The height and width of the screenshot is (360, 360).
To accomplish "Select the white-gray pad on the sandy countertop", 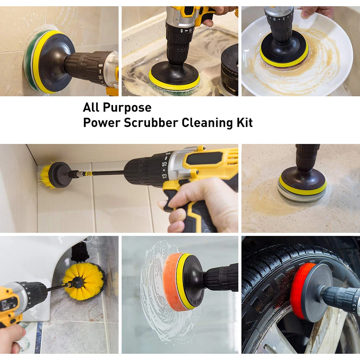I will click(302, 196).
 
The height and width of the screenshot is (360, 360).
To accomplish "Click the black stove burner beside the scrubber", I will click(229, 70).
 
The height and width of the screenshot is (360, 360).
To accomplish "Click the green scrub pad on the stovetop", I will click(173, 91).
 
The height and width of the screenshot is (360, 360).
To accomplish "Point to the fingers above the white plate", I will click(314, 12).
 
